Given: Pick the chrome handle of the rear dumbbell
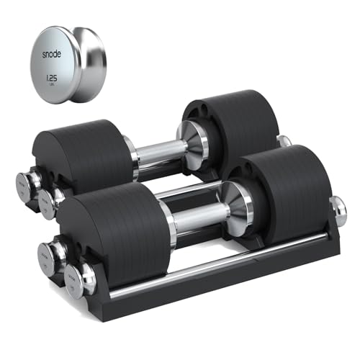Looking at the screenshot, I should coord(155,152).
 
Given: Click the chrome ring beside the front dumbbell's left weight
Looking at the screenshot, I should coord(167,223).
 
